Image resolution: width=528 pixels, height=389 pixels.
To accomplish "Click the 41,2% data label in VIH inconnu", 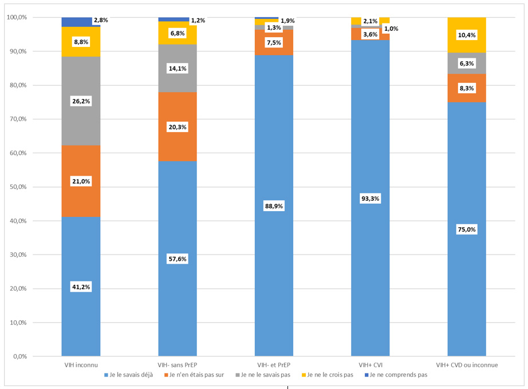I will tap(81, 287).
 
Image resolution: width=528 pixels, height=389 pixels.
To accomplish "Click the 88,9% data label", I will tap(274, 206).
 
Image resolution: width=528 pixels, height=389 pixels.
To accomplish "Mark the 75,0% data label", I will tap(466, 229).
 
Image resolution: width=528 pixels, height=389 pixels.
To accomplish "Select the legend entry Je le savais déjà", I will tap(131, 375).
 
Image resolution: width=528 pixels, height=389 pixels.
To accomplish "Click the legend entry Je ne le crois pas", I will tap(329, 375).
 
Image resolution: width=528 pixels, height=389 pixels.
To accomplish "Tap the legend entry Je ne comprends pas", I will tap(398, 375).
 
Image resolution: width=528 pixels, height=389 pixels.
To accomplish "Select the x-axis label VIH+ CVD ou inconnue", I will tap(466, 364).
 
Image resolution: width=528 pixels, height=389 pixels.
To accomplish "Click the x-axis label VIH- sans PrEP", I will tap(178, 364).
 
